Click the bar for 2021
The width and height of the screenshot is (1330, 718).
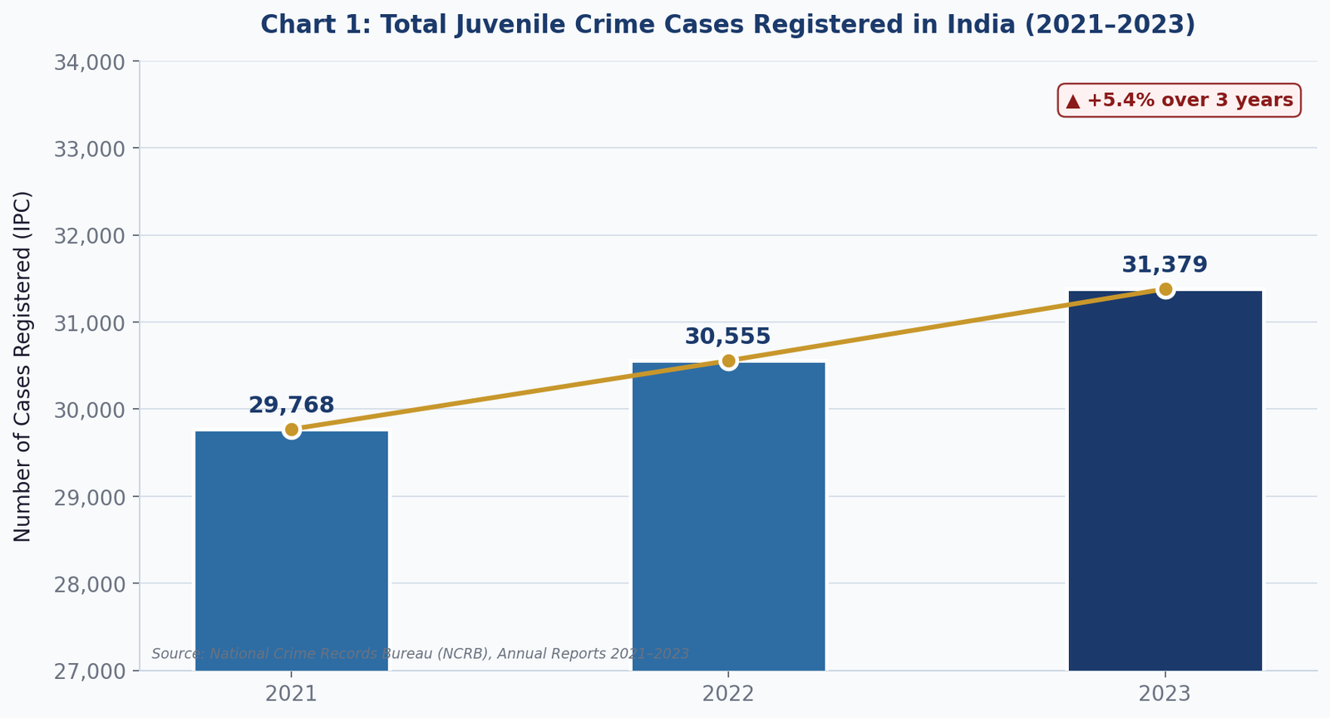(x=292, y=551)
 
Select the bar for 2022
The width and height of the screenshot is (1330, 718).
(x=728, y=516)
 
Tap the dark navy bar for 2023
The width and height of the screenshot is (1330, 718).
(x=1165, y=480)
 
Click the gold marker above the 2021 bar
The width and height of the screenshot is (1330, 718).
(x=292, y=430)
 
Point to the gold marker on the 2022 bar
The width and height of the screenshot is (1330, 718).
(x=728, y=361)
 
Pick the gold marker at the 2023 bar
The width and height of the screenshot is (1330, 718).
(x=1165, y=289)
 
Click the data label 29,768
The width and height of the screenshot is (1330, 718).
(x=292, y=406)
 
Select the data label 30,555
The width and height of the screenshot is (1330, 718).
(x=728, y=337)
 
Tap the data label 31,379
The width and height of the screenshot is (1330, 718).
(x=1165, y=264)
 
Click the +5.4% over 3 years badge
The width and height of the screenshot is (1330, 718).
(x=1180, y=101)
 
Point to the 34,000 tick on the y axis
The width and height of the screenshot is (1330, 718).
(x=90, y=62)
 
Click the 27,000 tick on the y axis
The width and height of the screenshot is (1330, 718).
(x=90, y=671)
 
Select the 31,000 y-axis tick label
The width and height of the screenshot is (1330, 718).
(x=90, y=323)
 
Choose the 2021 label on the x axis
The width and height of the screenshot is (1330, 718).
(x=292, y=694)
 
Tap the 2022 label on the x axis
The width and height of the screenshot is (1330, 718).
(x=728, y=694)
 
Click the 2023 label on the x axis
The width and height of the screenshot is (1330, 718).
(x=1165, y=694)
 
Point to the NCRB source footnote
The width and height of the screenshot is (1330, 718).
(x=421, y=654)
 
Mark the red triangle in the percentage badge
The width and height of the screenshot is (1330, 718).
(x=1073, y=101)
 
